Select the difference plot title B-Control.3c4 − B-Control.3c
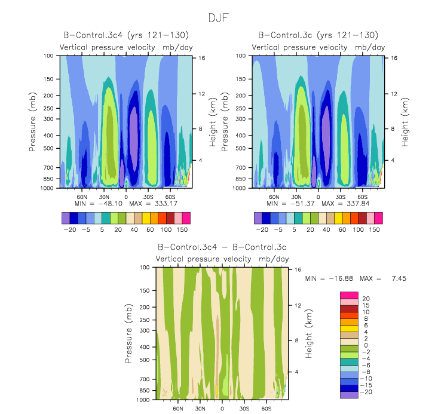pyautogui.click(x=222, y=247)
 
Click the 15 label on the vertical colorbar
pyautogui.click(x=366, y=305)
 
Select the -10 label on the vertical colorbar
pyautogui.click(x=368, y=378)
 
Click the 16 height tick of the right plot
pyautogui.click(x=394, y=58)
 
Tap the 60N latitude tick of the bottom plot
pyautogui.click(x=178, y=409)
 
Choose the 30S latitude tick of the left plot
pyautogui.click(x=148, y=196)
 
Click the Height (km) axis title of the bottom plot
pyautogui.click(x=309, y=335)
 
